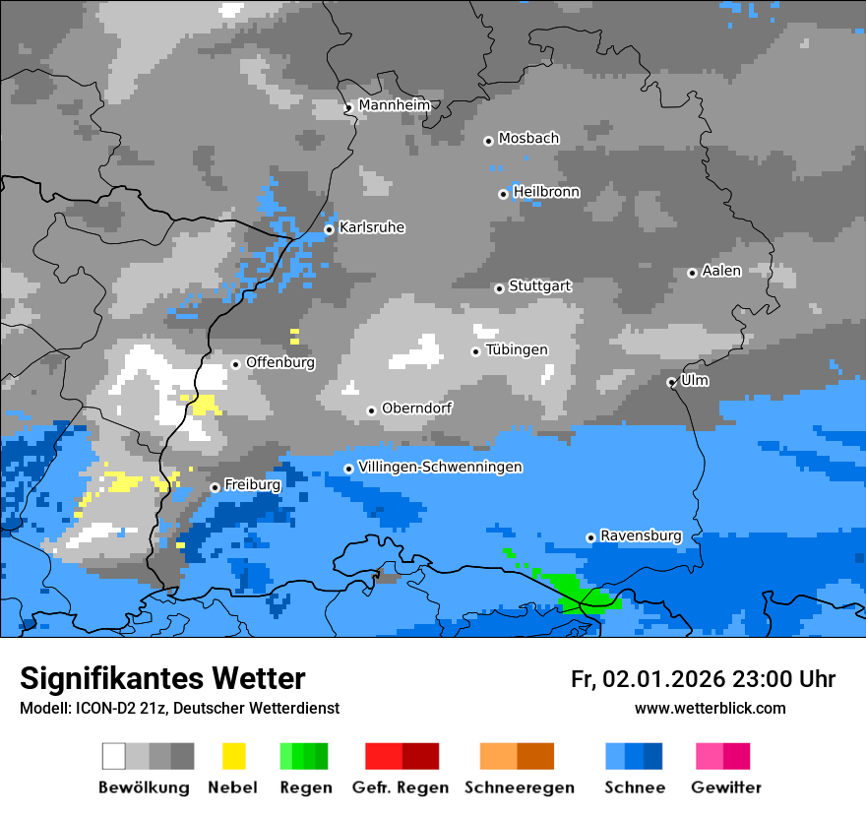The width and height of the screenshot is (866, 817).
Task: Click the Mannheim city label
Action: (394, 105)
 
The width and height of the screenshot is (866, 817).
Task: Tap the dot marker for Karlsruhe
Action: (330, 229)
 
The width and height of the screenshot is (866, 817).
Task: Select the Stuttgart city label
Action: (539, 286)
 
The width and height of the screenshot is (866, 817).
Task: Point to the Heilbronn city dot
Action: (503, 194)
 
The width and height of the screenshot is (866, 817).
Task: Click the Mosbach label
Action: (528, 139)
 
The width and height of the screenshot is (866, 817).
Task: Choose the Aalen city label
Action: (721, 271)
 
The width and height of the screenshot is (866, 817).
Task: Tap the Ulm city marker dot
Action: (671, 382)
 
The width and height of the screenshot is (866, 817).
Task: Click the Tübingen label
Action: (517, 349)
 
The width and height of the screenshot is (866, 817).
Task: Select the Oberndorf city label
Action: (416, 408)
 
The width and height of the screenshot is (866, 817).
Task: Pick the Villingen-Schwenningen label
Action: (440, 467)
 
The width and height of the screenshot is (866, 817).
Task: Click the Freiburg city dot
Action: (215, 487)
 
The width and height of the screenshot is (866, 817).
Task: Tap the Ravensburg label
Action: (641, 535)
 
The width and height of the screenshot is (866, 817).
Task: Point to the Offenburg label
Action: (280, 362)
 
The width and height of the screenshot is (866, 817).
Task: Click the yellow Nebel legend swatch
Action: (233, 756)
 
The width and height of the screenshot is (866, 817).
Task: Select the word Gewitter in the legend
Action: (725, 787)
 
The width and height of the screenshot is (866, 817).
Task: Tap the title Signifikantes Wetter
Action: (162, 678)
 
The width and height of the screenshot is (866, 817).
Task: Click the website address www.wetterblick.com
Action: (710, 708)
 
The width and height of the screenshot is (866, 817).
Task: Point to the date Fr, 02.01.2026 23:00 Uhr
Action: (703, 679)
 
